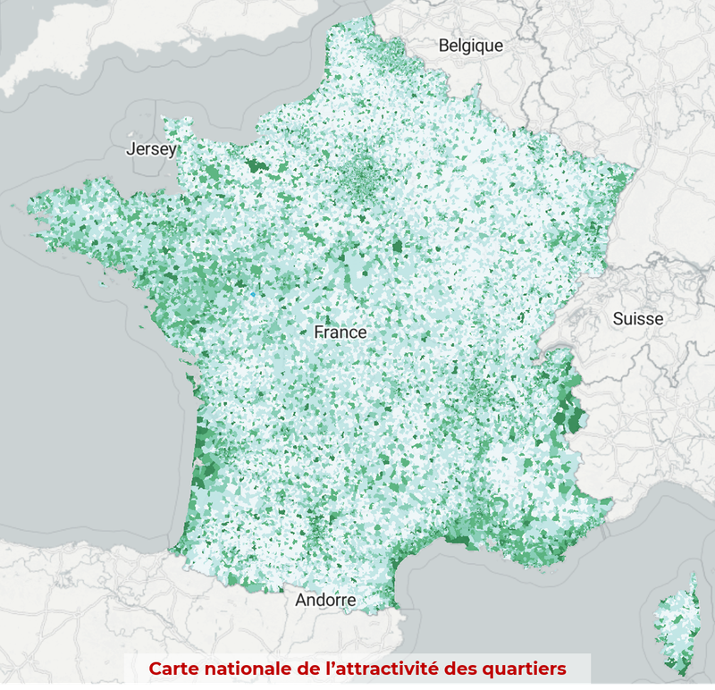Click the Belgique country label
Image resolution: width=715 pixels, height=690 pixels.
[470, 46]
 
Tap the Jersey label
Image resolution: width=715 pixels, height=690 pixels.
[152, 149]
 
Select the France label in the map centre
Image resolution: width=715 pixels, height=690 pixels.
[341, 332]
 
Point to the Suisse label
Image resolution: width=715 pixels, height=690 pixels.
[638, 318]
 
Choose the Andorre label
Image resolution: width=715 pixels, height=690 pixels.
[325, 600]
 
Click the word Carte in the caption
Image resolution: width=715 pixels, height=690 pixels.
[173, 669]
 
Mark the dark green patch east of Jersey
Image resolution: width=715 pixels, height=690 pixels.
[260, 166]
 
